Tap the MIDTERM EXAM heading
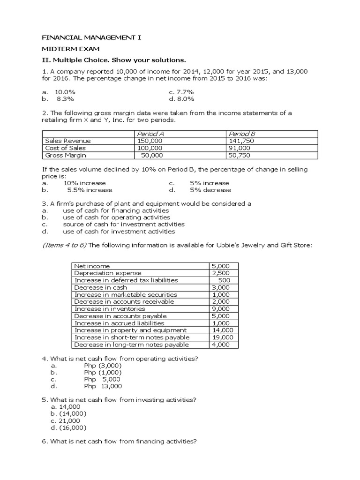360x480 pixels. point(71,49)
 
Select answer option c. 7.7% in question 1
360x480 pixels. point(181,92)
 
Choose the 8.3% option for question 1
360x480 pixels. point(65,99)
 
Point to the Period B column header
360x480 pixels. point(242,134)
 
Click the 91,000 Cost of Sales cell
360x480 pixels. point(240,148)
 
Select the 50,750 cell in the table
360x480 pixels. point(240,155)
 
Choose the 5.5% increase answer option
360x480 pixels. point(90,190)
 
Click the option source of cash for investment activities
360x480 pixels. point(124,224)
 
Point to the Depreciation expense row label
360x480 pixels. point(108,273)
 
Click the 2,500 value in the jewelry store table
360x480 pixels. point(221,273)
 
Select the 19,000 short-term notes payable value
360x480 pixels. point(223,337)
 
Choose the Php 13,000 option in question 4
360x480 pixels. point(103,386)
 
